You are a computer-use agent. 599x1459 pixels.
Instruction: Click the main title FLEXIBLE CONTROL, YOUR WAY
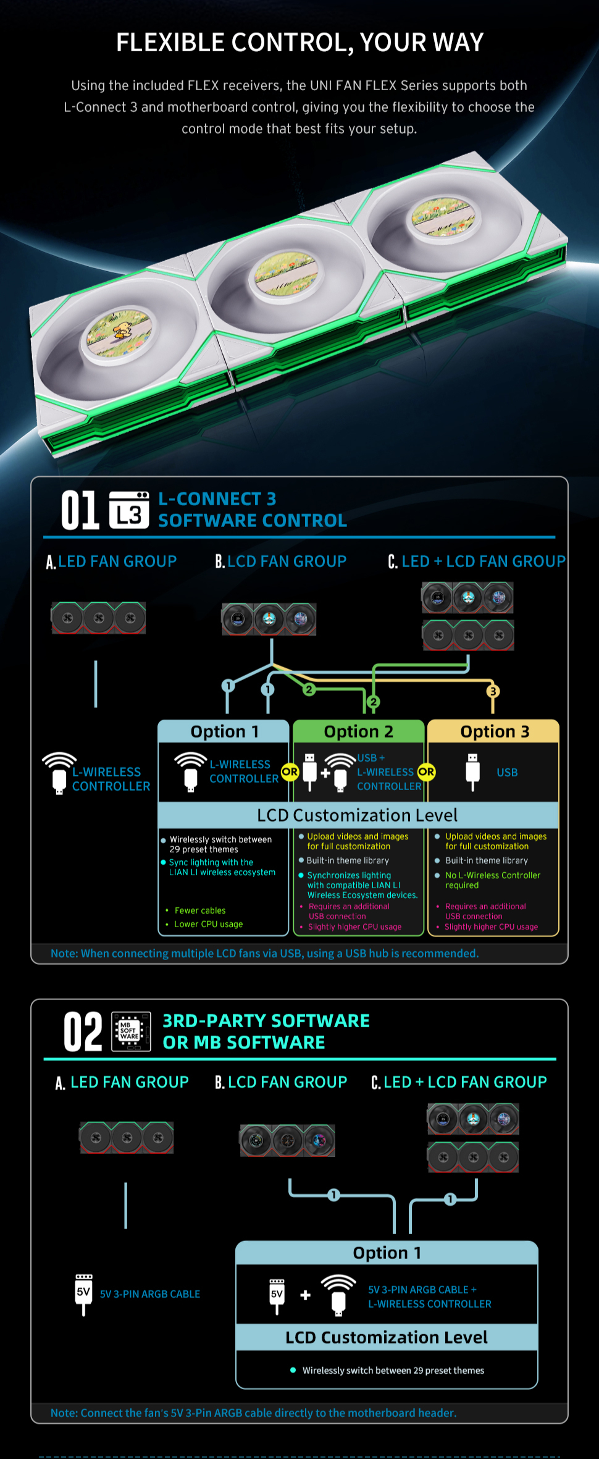coord(299,43)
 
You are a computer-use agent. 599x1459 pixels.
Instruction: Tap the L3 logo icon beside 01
coord(129,510)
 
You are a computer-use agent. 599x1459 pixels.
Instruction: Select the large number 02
coord(83,1032)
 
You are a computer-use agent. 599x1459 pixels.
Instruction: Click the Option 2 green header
coord(358,731)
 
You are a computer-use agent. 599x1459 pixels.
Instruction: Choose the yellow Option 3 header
coord(494,731)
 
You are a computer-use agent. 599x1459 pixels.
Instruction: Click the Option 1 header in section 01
coord(224,731)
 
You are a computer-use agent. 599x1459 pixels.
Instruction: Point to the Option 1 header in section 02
coord(387,1253)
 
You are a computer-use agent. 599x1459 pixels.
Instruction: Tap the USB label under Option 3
coord(507,772)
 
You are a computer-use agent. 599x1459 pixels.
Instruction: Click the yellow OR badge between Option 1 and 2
coord(290,772)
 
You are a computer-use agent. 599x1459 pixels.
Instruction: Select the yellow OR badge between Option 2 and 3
coord(426,772)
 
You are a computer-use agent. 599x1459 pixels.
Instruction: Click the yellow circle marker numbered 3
coord(493,691)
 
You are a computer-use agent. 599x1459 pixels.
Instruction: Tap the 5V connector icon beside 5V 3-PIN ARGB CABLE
coord(83,1293)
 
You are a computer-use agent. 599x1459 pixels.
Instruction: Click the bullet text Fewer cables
coord(200,910)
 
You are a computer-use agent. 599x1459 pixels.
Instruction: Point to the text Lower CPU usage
coord(209,924)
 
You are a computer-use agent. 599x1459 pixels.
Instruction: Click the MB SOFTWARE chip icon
coord(131,1031)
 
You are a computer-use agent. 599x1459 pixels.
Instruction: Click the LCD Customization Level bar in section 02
coord(387,1337)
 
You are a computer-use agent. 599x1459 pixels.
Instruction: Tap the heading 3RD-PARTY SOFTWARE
coord(266,1020)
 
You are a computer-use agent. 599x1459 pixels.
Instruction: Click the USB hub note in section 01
coord(264,953)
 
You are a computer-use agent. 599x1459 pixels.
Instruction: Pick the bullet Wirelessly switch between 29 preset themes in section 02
coord(393,1370)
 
